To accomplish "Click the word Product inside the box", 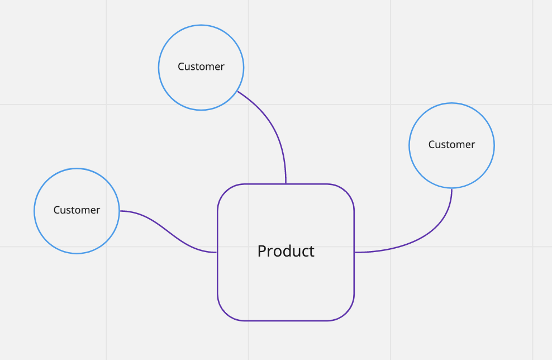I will pyautogui.click(x=285, y=252).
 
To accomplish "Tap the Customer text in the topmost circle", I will pyautogui.click(x=201, y=67).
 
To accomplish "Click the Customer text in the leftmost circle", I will pyautogui.click(x=77, y=210).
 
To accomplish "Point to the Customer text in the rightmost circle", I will pyautogui.click(x=451, y=144).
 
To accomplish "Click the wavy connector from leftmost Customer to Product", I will pyautogui.click(x=168, y=231).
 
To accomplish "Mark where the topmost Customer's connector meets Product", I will pyautogui.click(x=286, y=184).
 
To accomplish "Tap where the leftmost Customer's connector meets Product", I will pyautogui.click(x=217, y=253).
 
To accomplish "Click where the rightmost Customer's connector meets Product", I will pyautogui.click(x=354, y=253).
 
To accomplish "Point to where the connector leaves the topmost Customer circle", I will pyautogui.click(x=237, y=91).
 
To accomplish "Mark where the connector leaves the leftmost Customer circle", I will pyautogui.click(x=120, y=211).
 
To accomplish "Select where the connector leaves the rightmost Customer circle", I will pyautogui.click(x=451, y=188).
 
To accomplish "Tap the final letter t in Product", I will pyautogui.click(x=312, y=252).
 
